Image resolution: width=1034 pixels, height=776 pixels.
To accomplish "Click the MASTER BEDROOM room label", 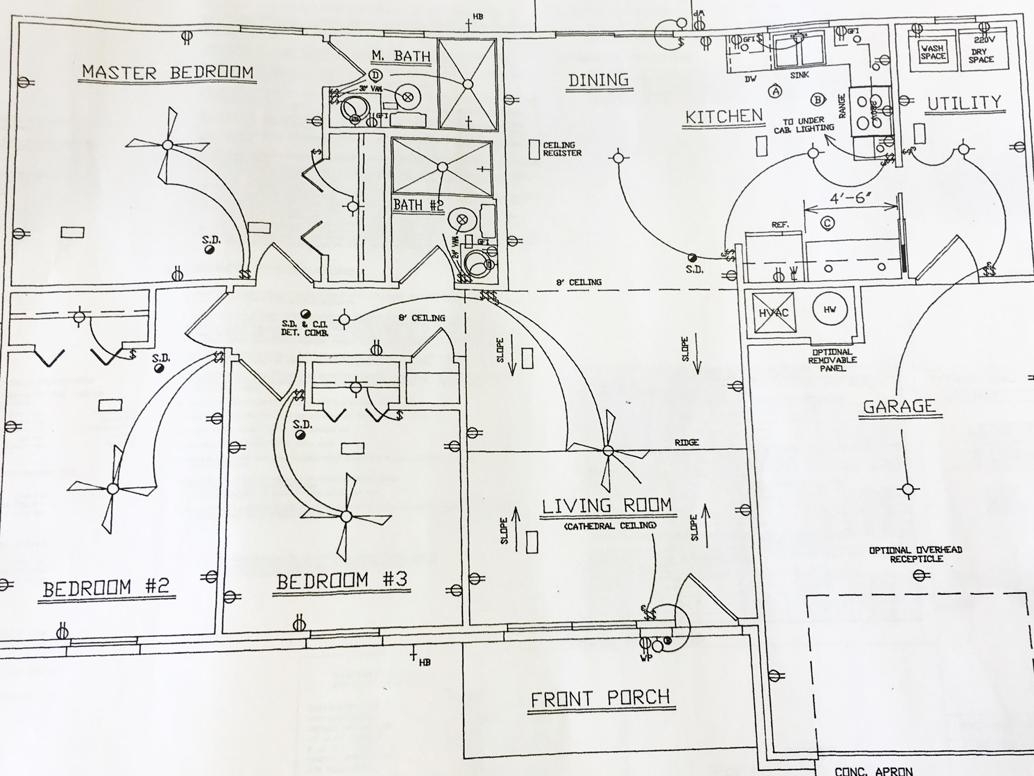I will [168, 72].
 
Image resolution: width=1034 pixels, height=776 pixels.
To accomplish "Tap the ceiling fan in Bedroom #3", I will [346, 516].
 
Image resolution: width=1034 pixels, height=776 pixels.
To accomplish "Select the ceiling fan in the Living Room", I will [608, 450].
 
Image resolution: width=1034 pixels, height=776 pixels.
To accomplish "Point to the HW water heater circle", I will [830, 309].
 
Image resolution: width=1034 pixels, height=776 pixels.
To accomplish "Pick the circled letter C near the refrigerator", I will [828, 223].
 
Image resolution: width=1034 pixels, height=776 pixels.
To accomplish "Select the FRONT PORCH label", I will [601, 699].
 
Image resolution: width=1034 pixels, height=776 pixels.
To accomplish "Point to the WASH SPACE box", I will [933, 52].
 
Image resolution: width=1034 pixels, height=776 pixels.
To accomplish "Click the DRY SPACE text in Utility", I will [981, 55].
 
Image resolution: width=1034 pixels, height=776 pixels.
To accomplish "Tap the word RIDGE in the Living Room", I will [686, 442].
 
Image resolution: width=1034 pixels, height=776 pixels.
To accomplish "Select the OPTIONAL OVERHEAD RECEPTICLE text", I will [915, 554].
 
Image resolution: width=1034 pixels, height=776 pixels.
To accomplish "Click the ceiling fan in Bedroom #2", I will [113, 489].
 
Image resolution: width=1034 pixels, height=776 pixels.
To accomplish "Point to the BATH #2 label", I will [418, 205].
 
